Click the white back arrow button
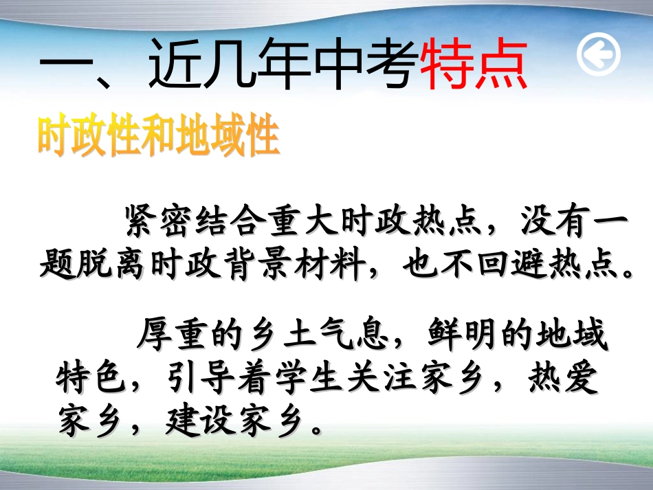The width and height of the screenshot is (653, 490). [598, 56]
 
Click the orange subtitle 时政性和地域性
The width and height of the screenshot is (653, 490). [159, 137]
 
